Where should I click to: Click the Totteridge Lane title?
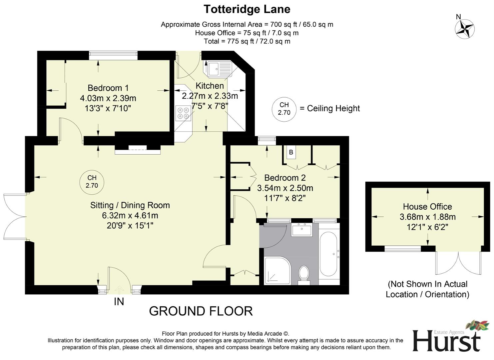(x=247, y=9)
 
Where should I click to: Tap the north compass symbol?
(x=464, y=28)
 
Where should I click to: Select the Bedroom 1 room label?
(x=108, y=88)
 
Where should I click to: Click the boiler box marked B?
(x=291, y=152)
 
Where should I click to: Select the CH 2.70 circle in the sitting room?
(x=92, y=182)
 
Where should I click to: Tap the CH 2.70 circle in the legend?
(x=284, y=108)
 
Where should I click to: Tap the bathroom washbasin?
(x=301, y=230)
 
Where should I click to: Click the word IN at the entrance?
(x=119, y=302)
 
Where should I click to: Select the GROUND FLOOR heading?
(x=201, y=311)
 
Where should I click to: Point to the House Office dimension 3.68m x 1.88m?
(x=427, y=217)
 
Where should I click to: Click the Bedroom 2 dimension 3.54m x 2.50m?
(x=285, y=188)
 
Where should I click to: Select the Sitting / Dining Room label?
(x=130, y=205)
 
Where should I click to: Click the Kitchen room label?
(x=210, y=86)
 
